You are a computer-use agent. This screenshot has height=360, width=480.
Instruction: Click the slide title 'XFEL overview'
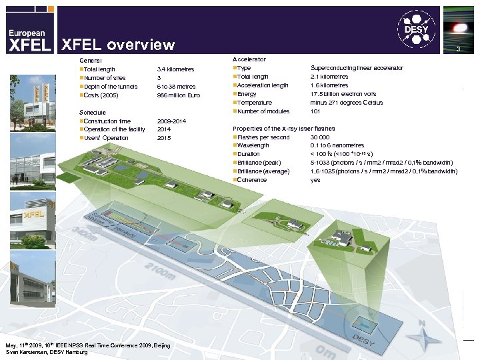tap(118, 45)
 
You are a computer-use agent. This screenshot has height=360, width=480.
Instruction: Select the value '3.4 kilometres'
tap(175, 69)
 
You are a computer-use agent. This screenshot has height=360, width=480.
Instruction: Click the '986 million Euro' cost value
tap(178, 95)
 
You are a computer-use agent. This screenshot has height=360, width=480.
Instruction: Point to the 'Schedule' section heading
tap(93, 112)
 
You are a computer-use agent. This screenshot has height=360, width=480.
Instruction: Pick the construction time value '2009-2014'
tap(171, 121)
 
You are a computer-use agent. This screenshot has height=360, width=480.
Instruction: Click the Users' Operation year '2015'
tap(164, 137)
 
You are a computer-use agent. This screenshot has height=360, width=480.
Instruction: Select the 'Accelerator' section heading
tap(249, 59)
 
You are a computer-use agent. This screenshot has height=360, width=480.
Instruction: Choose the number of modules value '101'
tap(316, 111)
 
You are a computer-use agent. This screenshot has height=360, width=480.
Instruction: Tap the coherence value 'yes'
tap(315, 179)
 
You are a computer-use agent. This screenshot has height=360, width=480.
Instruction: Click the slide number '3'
tap(458, 50)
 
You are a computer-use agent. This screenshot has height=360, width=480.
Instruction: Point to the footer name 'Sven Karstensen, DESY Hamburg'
tap(47, 352)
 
